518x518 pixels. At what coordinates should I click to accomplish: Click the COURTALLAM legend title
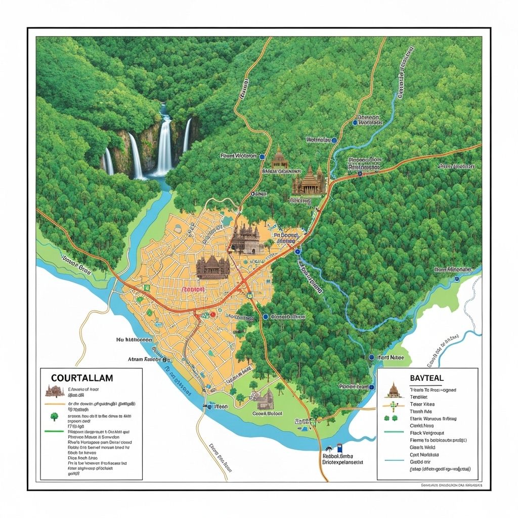click(x=82, y=378)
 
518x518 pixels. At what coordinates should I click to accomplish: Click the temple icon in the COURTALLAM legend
click(x=54, y=391)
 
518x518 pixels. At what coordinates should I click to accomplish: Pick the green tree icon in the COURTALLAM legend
click(x=54, y=416)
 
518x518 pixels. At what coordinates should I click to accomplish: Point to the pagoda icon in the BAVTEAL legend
click(x=393, y=390)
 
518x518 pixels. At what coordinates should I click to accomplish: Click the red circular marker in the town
click(x=212, y=314)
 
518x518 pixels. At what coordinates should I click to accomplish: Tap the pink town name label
click(x=193, y=290)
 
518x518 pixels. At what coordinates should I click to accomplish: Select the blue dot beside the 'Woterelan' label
click(x=334, y=139)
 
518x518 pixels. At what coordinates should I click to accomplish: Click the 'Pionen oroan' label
click(x=353, y=386)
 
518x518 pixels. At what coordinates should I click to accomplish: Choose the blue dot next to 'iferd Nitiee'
click(x=372, y=357)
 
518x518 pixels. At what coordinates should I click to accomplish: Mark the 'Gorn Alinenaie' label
click(x=452, y=270)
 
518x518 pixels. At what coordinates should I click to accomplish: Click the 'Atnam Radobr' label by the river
click(x=145, y=359)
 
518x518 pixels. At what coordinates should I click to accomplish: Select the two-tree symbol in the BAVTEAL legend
click(x=390, y=418)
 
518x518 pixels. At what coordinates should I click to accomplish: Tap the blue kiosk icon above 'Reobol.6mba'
click(x=340, y=448)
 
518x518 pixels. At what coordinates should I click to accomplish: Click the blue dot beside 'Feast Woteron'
click(x=262, y=157)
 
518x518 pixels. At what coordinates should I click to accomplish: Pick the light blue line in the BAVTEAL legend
click(x=393, y=460)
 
